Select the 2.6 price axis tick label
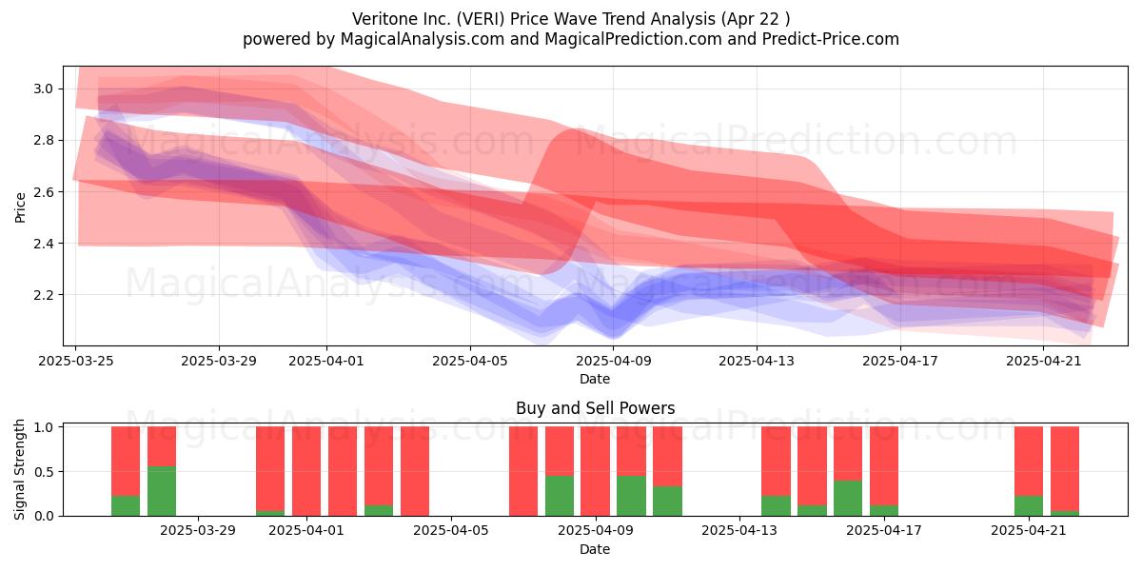click(44, 191)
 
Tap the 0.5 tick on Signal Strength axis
click(44, 472)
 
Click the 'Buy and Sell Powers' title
click(595, 408)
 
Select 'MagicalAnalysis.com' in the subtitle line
click(423, 39)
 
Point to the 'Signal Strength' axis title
click(19, 469)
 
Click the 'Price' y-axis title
click(20, 207)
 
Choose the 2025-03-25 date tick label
click(76, 361)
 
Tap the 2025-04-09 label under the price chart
click(613, 361)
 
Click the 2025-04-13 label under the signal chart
click(739, 530)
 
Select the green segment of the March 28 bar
click(162, 491)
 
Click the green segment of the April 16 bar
click(848, 498)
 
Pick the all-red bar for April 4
click(415, 471)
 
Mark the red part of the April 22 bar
click(1065, 468)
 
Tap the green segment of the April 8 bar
click(560, 496)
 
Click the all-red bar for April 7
click(523, 471)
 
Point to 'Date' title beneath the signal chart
click(595, 549)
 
